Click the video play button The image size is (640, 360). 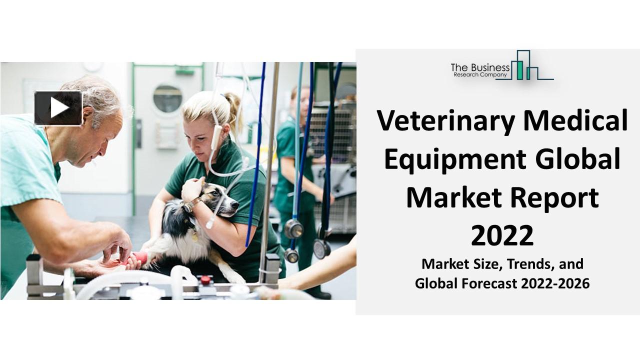[x=58, y=108]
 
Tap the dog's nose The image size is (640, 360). [x=235, y=204]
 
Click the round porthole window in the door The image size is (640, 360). [x=167, y=98]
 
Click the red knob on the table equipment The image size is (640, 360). [x=205, y=279]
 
